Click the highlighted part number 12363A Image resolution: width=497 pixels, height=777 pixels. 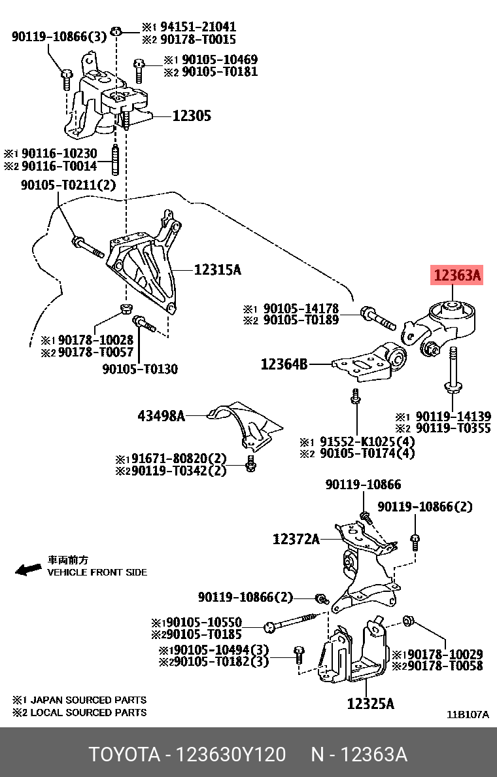coord(456,276)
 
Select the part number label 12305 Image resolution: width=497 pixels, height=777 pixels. coord(192,116)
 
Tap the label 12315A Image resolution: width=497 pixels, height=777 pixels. coord(218,269)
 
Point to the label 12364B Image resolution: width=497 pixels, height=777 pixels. coord(284,364)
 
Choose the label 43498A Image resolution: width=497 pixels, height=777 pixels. coord(161,415)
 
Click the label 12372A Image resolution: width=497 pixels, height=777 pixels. coord(296,539)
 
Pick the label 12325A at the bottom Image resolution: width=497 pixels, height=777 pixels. coord(370,704)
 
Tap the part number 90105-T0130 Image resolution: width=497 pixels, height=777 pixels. coord(140,369)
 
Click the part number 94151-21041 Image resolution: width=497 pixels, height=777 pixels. coord(197,27)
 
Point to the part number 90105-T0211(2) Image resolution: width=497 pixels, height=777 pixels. coord(67,185)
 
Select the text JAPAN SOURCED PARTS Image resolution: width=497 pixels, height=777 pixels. coord(88,700)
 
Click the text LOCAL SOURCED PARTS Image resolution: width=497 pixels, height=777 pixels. coord(88,712)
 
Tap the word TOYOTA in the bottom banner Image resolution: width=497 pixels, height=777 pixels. coord(124,755)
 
